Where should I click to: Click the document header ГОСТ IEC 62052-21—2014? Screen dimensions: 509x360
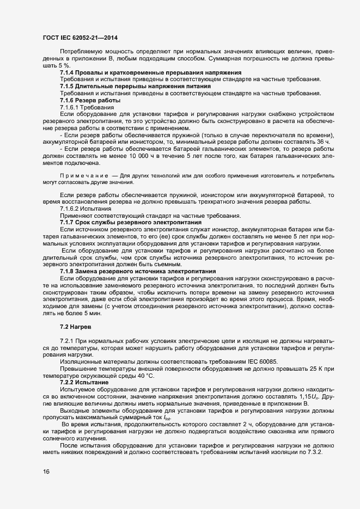click(80, 37)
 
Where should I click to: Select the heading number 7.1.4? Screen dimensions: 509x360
click(66, 73)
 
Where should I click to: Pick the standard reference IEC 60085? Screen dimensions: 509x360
click(246, 361)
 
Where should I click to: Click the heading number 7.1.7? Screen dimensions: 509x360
click(66, 223)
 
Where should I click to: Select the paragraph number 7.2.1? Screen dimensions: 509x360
click(67, 340)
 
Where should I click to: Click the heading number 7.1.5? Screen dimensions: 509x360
click(66, 87)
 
